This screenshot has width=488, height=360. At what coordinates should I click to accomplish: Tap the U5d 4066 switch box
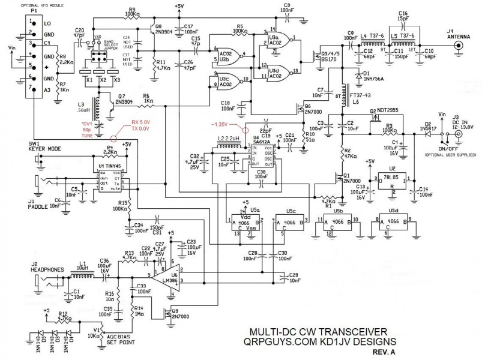pyautogui.click(x=393, y=223)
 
